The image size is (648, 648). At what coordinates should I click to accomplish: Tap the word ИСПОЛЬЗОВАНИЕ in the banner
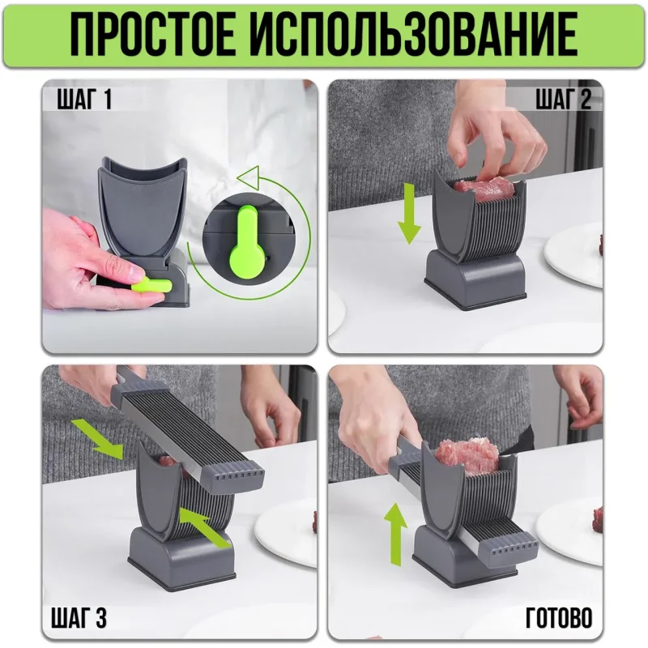point(418,35)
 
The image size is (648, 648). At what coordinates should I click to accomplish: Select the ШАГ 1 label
point(84,100)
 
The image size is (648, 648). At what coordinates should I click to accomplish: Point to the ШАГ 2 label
point(563,100)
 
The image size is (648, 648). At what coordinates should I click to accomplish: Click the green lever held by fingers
point(151,285)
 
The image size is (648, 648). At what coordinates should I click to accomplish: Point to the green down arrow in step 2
point(409,213)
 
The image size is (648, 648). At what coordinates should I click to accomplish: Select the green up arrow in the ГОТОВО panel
point(395,534)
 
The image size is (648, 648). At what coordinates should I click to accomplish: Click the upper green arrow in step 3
point(98,439)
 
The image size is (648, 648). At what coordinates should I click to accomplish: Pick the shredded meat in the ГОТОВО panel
point(467,456)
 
